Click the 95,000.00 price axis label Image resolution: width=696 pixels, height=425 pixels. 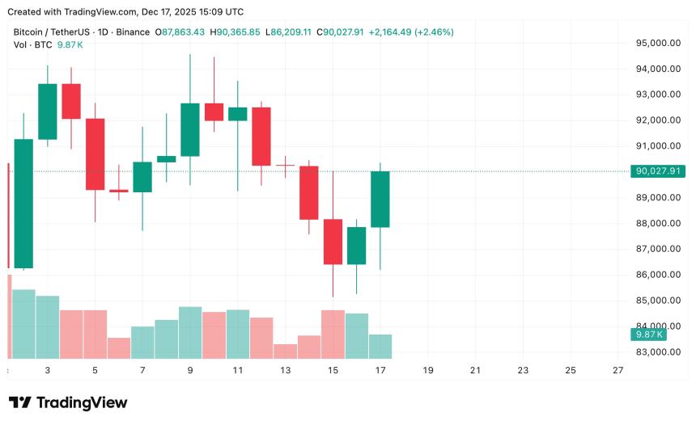pos(657,43)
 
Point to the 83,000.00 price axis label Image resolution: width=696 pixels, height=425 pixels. pos(657,352)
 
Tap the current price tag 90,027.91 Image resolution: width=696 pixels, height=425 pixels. pos(660,171)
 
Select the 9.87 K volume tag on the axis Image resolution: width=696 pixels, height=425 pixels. pos(650,334)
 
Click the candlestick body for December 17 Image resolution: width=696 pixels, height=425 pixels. pos(380,200)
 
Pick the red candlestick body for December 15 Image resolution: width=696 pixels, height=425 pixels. pos(333,242)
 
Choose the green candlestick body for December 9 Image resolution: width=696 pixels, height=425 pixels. pos(190,129)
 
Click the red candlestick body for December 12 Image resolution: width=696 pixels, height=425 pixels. pos(261,137)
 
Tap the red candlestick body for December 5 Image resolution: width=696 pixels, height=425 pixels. pos(95,154)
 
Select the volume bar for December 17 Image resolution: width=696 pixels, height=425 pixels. pos(380,347)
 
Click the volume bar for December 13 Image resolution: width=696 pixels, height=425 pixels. pos(285,351)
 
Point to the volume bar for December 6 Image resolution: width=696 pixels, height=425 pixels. pos(119,348)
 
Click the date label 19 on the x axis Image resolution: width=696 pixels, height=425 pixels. pos(427,370)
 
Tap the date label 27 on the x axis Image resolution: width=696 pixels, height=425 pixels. pos(618,370)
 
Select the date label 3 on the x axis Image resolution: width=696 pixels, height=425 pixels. pos(48,370)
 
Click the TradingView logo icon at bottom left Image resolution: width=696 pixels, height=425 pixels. pos(20,402)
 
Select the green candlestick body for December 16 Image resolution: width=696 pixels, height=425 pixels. pos(356,246)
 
